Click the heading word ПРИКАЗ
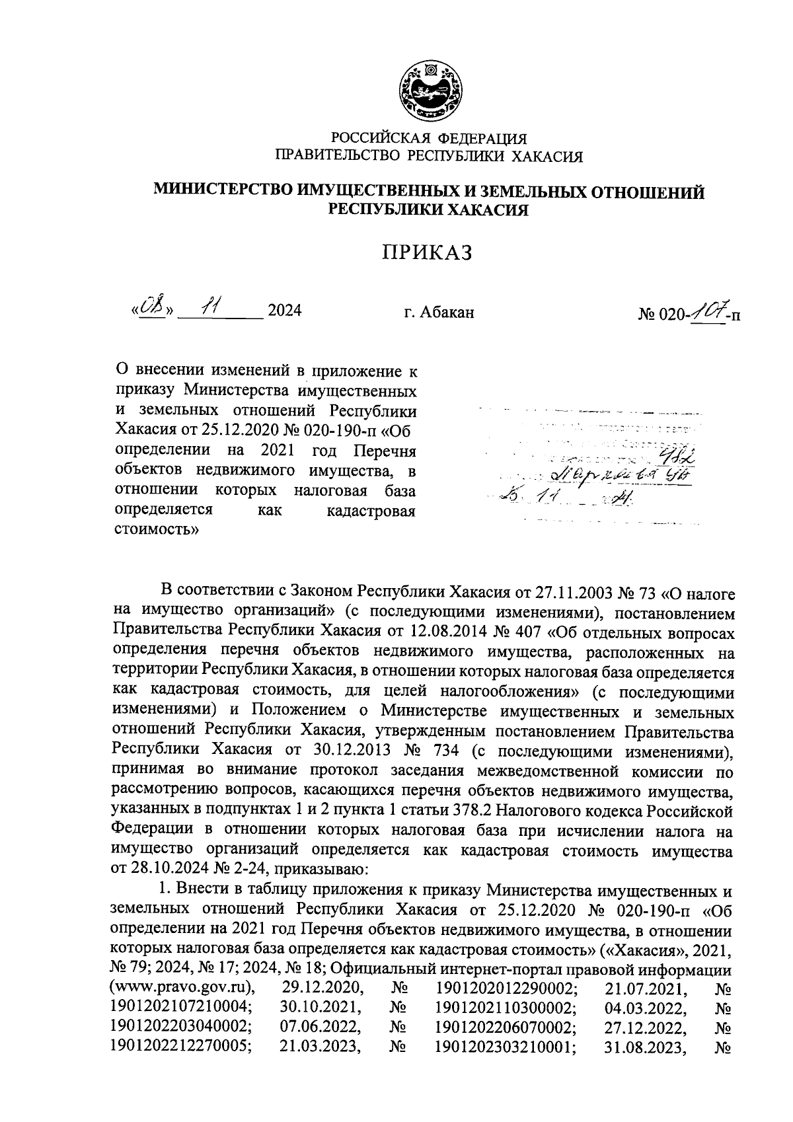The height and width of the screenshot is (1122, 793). pyautogui.click(x=429, y=253)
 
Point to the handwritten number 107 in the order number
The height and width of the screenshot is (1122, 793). pyautogui.click(x=706, y=309)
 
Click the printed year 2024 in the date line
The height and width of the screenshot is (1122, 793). pyautogui.click(x=283, y=311)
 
